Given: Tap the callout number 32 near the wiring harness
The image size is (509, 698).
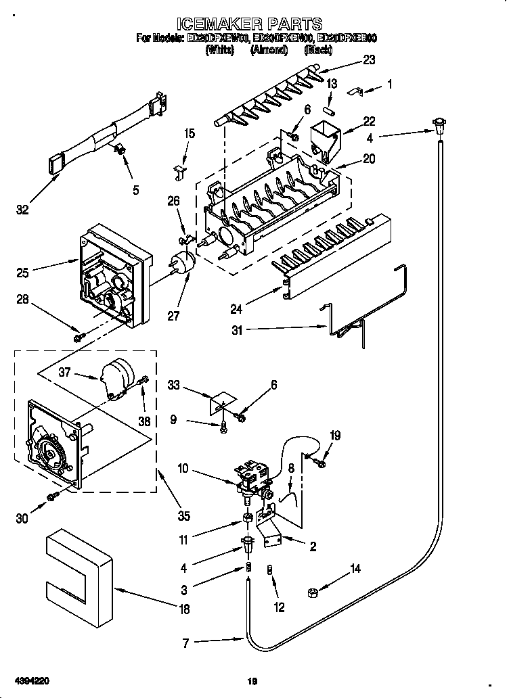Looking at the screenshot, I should (22, 210).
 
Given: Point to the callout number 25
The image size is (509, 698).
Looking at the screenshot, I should (22, 273).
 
